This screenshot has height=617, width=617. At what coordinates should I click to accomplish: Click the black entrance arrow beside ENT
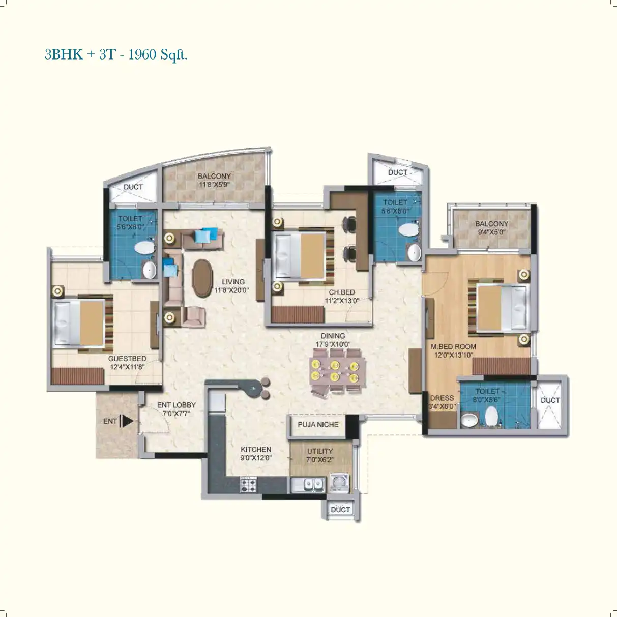(127, 421)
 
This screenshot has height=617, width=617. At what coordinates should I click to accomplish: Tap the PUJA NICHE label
(318, 425)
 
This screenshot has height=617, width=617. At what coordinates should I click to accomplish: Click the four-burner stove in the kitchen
(248, 484)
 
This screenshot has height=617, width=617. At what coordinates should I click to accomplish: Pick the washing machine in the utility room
(339, 482)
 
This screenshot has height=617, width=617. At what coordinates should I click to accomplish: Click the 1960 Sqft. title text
(158, 54)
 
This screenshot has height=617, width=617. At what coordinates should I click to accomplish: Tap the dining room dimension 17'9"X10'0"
(333, 344)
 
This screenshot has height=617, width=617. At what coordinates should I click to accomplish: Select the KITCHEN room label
(256, 449)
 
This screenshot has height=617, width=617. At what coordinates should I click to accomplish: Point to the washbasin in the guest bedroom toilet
(149, 270)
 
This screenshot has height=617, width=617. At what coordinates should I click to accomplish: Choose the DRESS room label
(442, 398)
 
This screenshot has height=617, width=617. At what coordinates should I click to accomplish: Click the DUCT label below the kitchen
(340, 510)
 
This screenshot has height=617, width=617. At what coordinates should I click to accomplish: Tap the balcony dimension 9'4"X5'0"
(491, 232)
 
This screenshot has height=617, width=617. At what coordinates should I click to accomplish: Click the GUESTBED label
(127, 359)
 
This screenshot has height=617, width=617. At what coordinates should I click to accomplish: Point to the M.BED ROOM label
(453, 346)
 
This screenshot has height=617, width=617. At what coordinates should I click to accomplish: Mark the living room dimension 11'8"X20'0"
(231, 290)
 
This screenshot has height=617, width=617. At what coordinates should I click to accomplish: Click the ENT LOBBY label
(176, 405)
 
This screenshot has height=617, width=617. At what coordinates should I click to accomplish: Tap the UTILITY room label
(320, 451)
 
